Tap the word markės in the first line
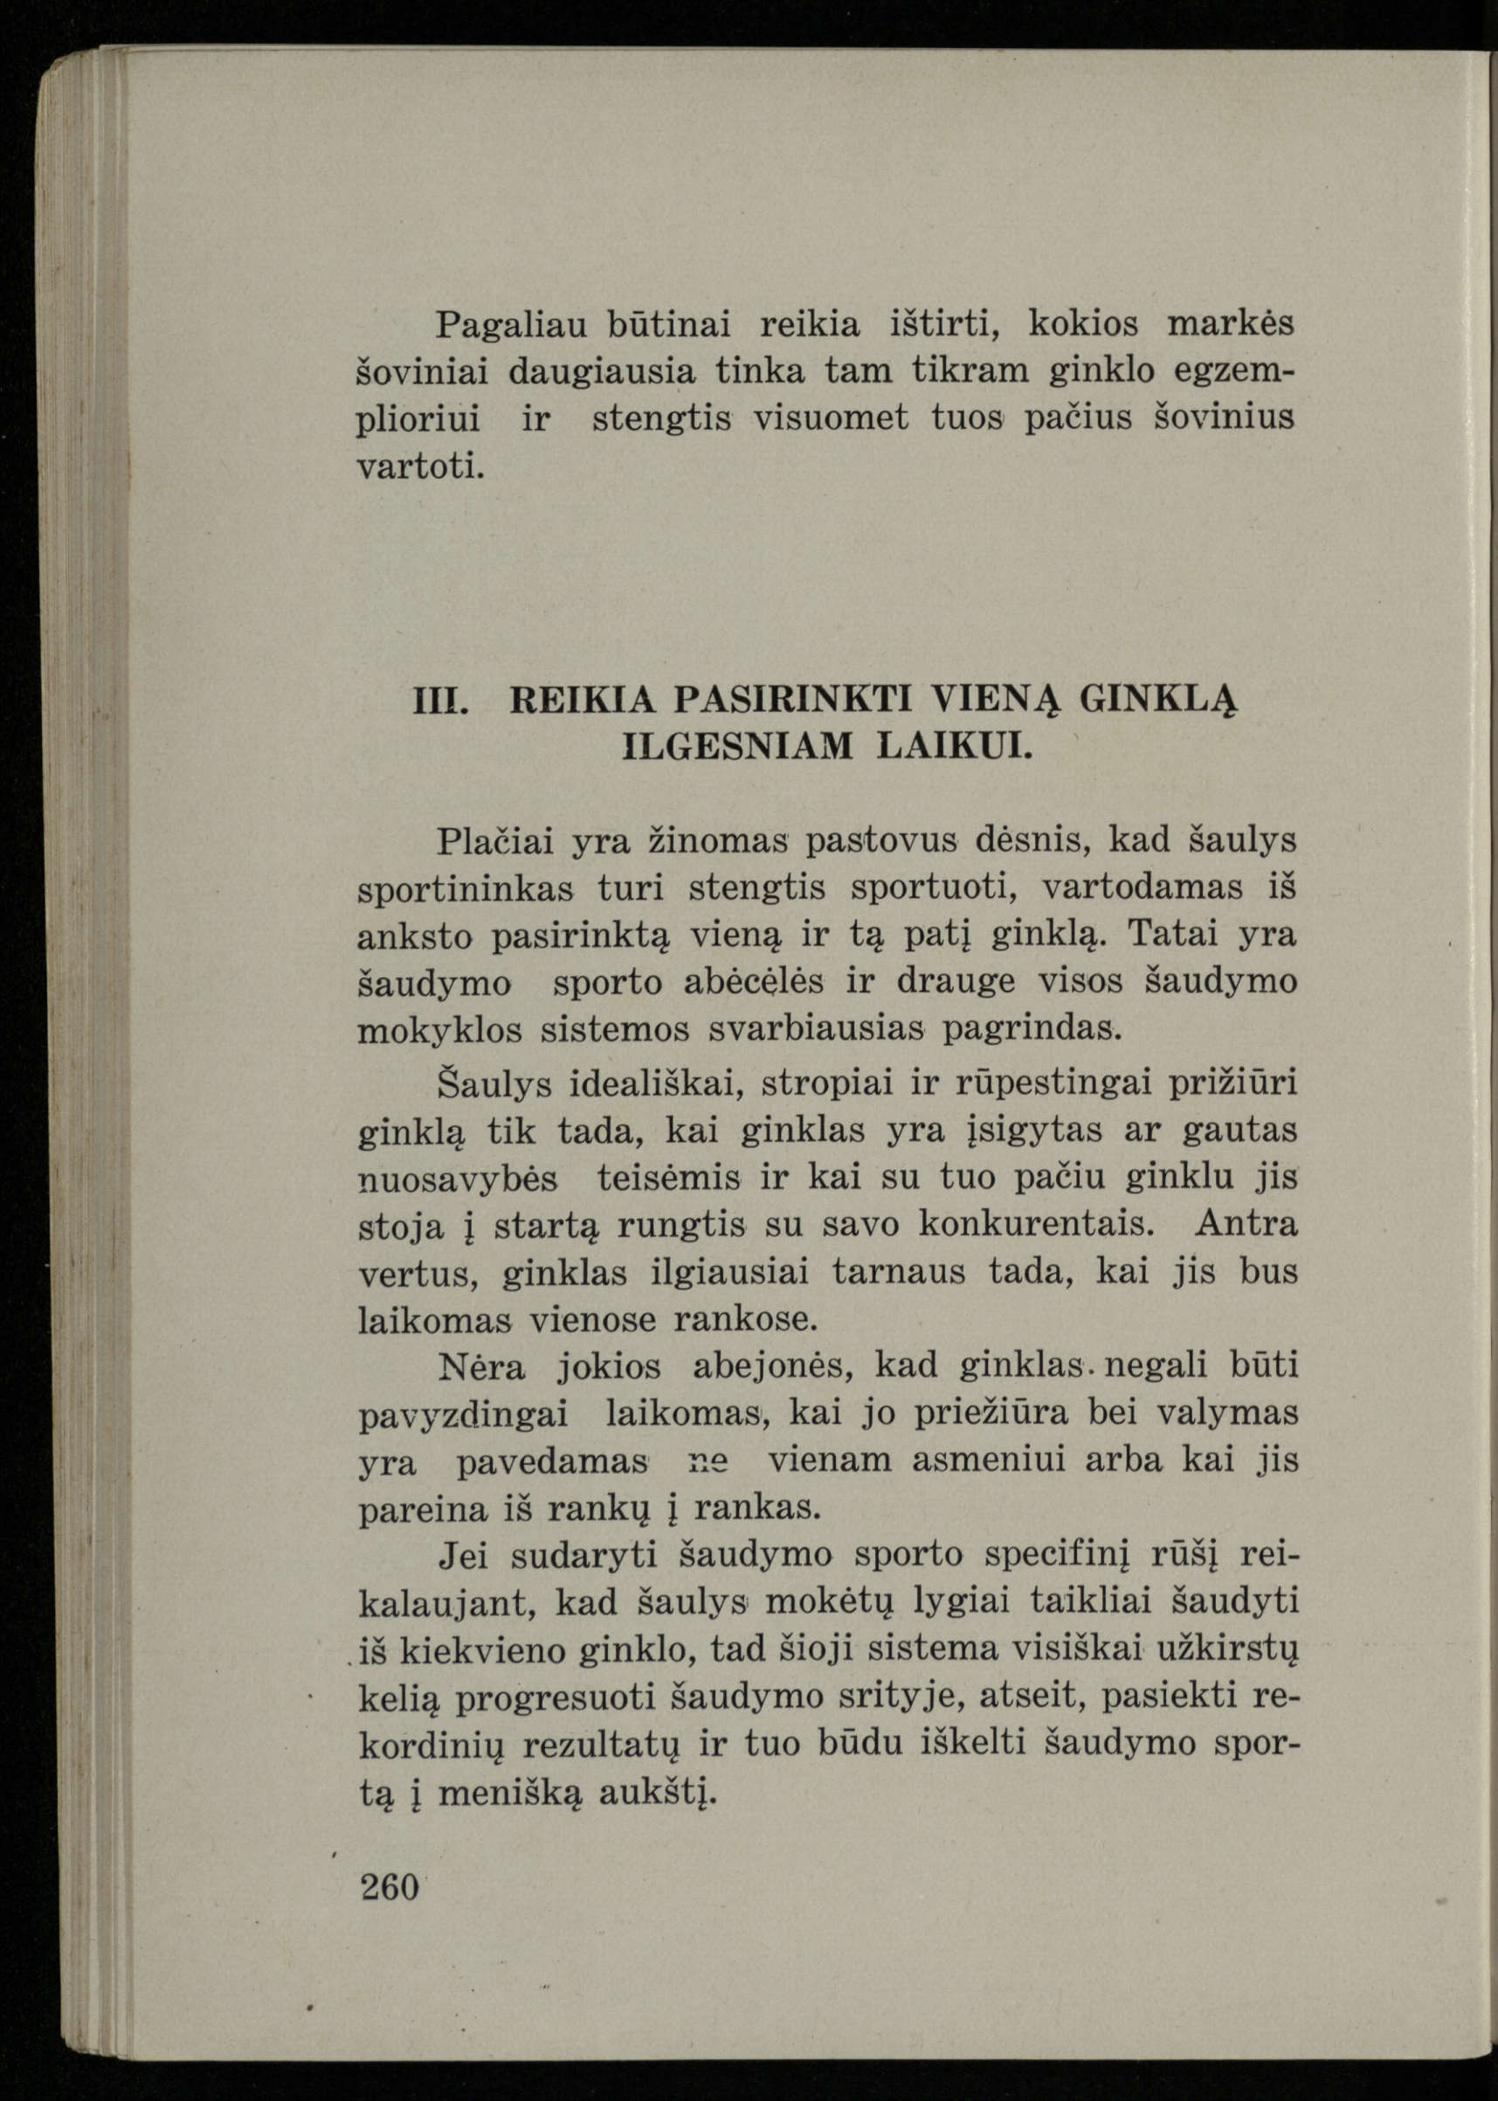pos(1231,323)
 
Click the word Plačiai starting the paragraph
pos(494,840)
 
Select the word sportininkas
pos(466,888)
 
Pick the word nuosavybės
pos(458,1179)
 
